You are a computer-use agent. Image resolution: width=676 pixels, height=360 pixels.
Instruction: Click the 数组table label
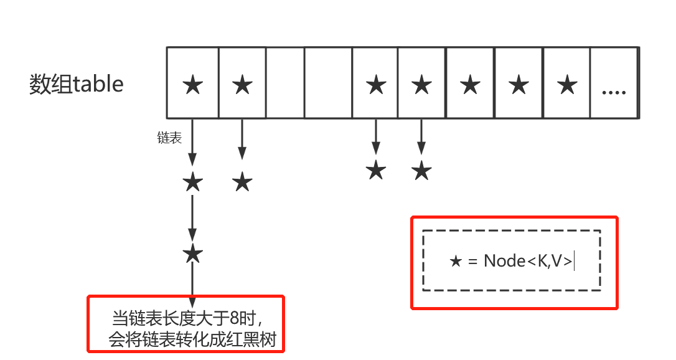(x=77, y=83)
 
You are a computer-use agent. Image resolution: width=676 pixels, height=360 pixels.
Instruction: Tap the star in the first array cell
(x=193, y=84)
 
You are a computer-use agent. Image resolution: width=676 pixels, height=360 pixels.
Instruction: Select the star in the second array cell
(x=242, y=84)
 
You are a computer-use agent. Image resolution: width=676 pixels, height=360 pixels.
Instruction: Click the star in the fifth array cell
(x=375, y=84)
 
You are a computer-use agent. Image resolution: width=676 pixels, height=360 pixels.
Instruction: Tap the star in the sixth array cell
(x=422, y=84)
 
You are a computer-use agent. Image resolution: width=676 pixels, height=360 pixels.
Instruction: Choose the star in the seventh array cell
(x=471, y=84)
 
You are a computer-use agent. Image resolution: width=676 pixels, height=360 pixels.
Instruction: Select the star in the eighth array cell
(x=519, y=84)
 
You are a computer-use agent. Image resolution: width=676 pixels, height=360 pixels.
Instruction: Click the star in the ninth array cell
(x=566, y=84)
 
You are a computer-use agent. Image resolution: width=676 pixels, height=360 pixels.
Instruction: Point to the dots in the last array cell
(x=614, y=92)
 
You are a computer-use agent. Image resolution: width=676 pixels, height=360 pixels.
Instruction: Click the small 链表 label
(x=169, y=138)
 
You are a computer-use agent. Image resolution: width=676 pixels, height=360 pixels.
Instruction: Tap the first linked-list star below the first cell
(x=193, y=183)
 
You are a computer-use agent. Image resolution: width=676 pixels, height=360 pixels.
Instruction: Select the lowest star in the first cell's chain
(x=193, y=253)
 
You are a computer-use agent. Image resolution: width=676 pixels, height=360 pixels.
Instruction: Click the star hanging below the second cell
(x=242, y=183)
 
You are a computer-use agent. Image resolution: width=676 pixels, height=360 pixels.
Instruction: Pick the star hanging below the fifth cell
(x=375, y=169)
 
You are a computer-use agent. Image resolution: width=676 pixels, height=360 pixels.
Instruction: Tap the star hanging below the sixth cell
(x=422, y=169)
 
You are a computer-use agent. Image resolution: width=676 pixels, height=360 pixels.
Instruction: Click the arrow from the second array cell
(x=242, y=138)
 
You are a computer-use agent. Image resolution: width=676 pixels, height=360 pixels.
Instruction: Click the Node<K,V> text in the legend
(x=528, y=261)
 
